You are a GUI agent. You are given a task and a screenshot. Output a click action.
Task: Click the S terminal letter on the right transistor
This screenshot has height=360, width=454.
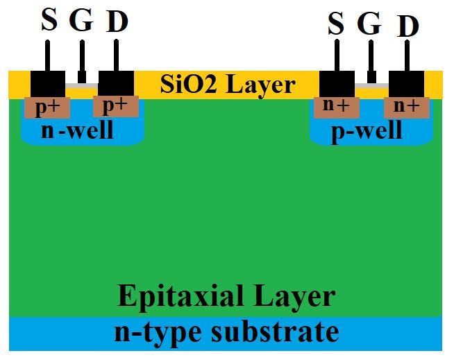(x=336, y=25)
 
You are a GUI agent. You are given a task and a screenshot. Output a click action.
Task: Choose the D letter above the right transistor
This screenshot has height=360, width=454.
(x=408, y=26)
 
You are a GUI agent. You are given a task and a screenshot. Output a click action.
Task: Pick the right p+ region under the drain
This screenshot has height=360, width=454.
(x=115, y=106)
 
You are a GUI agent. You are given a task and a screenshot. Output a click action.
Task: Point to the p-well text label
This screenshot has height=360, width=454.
(x=367, y=130)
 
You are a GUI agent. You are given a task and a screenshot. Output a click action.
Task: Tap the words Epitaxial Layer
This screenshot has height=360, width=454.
(x=226, y=296)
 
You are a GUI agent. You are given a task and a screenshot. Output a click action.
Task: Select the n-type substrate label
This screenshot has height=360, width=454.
(x=226, y=332)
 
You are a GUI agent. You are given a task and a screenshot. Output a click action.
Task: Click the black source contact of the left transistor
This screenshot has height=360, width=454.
(x=48, y=83)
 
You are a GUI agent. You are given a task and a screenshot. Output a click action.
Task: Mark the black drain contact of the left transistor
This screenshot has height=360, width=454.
(x=116, y=83)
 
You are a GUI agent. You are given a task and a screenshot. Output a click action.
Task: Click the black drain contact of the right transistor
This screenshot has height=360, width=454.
(x=407, y=83)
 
